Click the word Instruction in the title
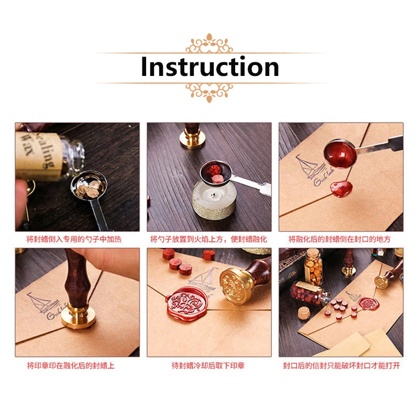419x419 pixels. point(210,68)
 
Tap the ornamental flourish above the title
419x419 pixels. point(210,43)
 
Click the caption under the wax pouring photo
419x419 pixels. point(340,239)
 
